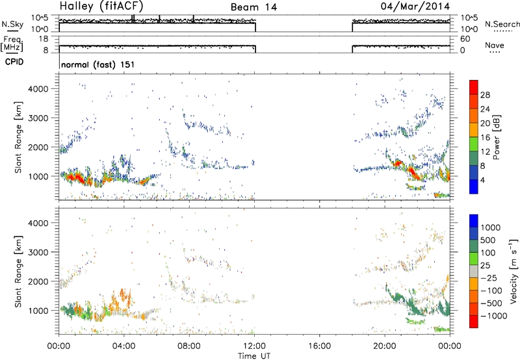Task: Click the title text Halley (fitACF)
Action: [x=101, y=6]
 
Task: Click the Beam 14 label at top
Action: [x=253, y=7]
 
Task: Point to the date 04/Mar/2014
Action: [x=415, y=6]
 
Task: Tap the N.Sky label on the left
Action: [x=12, y=24]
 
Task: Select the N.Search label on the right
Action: [x=502, y=24]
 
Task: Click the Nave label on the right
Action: [x=495, y=45]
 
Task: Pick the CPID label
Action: [x=14, y=62]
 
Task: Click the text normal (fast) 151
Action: [x=98, y=64]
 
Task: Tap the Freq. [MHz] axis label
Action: [x=12, y=44]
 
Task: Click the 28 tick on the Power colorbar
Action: [x=485, y=95]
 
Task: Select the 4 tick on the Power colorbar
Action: [x=483, y=180]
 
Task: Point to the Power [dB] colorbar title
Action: [x=497, y=137]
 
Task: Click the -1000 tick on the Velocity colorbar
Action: [x=494, y=316]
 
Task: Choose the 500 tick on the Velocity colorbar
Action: [x=488, y=240]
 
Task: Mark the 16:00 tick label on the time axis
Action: [x=319, y=346]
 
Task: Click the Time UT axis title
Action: [x=254, y=356]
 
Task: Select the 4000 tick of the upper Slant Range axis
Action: [x=38, y=89]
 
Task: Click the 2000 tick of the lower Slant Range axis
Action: [x=38, y=281]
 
